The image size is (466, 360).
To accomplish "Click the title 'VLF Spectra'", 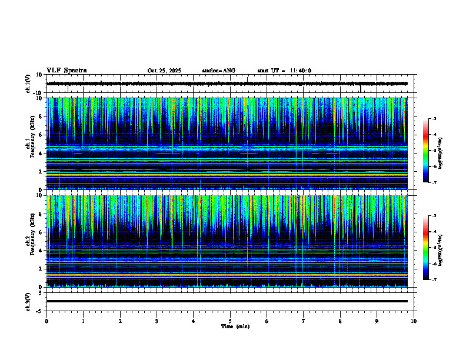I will tap(66, 71).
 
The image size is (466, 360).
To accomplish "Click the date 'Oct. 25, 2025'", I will tap(164, 71).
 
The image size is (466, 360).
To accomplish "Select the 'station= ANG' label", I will tap(218, 71).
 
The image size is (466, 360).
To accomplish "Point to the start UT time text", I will tap(284, 71).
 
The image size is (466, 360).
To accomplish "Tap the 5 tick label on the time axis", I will tap(230, 321).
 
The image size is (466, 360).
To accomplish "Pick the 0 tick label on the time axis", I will tap(46, 321).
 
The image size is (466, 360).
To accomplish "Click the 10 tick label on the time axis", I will tap(414, 321).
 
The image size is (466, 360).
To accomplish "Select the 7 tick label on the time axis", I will tap(304, 321).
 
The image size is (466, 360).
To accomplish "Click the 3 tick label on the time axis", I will tap(157, 321).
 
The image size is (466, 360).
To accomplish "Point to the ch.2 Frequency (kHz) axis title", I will tap(31, 241).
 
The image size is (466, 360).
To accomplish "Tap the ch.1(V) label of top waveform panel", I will tap(28, 84).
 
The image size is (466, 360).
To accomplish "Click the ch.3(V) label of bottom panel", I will tap(28, 301).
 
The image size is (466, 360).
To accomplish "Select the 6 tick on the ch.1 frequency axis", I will tap(40, 135).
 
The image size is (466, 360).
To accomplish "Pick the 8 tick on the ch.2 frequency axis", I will tap(40, 214).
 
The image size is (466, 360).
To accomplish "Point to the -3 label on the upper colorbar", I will tap(434, 119).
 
